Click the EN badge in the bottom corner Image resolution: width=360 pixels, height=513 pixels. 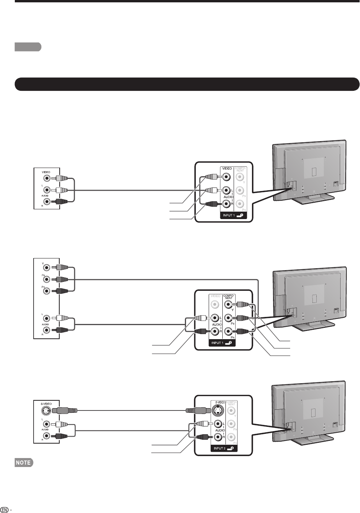coord(5,509)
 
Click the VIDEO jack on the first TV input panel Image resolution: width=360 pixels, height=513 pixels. coord(226,176)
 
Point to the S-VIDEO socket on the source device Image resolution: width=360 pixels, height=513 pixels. coord(46,411)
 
